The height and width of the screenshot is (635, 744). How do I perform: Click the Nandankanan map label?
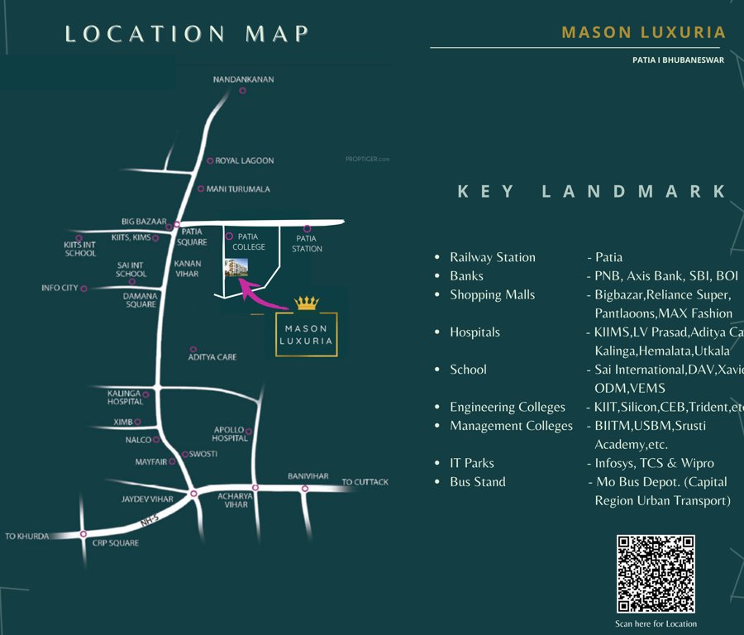pyautogui.click(x=243, y=79)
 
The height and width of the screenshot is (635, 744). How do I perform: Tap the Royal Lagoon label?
pyautogui.click(x=244, y=160)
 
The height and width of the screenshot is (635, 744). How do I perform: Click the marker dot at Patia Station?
pyautogui.click(x=308, y=228)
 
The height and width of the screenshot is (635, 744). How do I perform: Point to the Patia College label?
pyautogui.click(x=249, y=241)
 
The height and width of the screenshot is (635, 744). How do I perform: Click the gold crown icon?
pyautogui.click(x=307, y=303)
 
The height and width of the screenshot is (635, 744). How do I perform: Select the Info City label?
pyautogui.click(x=60, y=289)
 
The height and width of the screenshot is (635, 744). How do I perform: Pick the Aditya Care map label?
pyautogui.click(x=212, y=357)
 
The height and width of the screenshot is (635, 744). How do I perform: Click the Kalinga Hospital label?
pyautogui.click(x=125, y=398)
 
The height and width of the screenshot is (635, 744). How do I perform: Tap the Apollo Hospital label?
pyautogui.click(x=229, y=434)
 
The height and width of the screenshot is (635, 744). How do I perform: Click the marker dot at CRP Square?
pyautogui.click(x=83, y=534)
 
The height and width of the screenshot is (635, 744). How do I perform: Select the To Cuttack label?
pyautogui.click(x=365, y=482)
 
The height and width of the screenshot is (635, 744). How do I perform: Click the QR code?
pyautogui.click(x=656, y=574)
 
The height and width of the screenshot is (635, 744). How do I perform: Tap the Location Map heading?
pyautogui.click(x=187, y=34)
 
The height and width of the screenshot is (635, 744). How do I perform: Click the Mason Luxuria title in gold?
pyautogui.click(x=643, y=33)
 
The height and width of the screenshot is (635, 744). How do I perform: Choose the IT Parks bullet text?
pyautogui.click(x=472, y=463)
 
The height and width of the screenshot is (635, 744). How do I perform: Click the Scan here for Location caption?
pyautogui.click(x=656, y=623)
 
